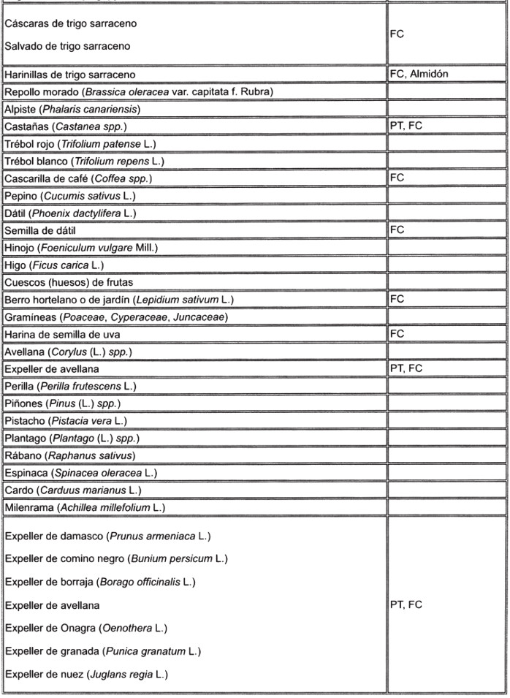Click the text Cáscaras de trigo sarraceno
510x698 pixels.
tap(70, 24)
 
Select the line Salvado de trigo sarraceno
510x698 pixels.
tap(67, 47)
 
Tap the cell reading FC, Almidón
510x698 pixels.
tap(419, 74)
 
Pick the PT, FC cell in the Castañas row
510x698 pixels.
tap(406, 126)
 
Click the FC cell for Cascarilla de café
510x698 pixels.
tap(397, 178)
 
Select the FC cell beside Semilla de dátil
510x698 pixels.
tap(397, 229)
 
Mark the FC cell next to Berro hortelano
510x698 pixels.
tap(397, 299)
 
